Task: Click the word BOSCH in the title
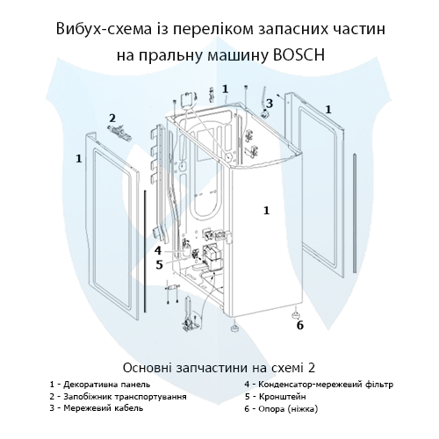[299, 54]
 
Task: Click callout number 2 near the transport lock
[112, 119]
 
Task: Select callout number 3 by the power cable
[269, 103]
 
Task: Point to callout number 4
[158, 250]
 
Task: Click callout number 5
[159, 264]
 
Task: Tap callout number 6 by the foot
[300, 325]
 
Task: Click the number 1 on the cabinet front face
[266, 211]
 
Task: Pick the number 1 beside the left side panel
[79, 159]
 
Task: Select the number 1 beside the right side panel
[328, 110]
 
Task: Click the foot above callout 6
[296, 314]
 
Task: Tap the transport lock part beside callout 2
[119, 130]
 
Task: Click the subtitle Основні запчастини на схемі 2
[219, 368]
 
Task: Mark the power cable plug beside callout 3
[265, 113]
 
